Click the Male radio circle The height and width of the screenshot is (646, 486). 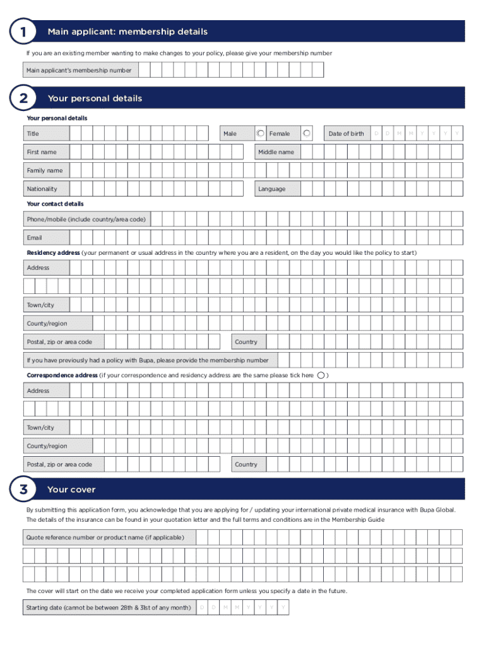[x=261, y=133]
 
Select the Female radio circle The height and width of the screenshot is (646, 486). [x=307, y=133]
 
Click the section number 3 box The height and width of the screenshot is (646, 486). [x=23, y=490]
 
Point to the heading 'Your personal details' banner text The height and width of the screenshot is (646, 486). [x=95, y=98]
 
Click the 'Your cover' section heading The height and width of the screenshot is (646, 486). [x=71, y=490]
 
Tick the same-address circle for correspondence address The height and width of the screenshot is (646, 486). [x=321, y=375]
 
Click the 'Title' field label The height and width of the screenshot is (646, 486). [x=33, y=134]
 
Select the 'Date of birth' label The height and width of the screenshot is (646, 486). [x=346, y=134]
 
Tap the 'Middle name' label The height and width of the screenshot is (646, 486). [x=276, y=152]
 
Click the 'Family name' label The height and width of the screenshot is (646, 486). [x=45, y=170]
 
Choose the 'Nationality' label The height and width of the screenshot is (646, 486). [x=42, y=189]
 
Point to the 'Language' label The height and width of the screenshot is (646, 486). [x=271, y=189]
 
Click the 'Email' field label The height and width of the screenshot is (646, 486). [x=34, y=238]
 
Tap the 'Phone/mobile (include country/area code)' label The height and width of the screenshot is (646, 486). [x=86, y=220]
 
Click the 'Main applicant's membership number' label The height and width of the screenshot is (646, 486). [x=79, y=70]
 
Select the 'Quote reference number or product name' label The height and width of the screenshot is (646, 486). [x=105, y=537]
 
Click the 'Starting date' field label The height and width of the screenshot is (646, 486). [x=108, y=608]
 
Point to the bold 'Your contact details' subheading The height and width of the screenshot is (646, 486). [x=55, y=204]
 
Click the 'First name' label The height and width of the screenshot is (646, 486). [x=41, y=152]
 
